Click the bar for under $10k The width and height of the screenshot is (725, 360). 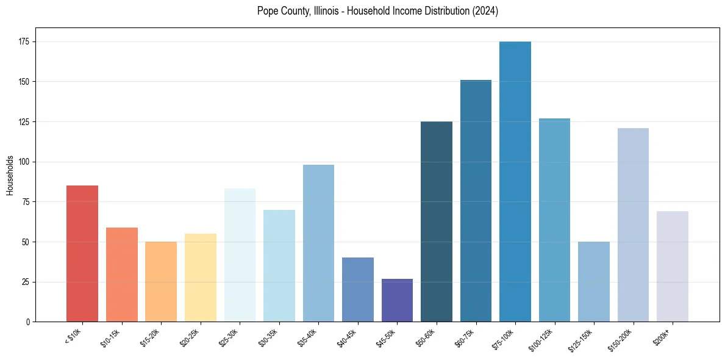coord(82,253)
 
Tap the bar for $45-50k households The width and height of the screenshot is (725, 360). coord(397,300)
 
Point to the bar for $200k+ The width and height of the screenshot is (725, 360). coord(673,266)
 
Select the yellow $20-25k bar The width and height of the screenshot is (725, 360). coord(201,278)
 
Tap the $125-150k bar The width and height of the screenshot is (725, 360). coord(594,281)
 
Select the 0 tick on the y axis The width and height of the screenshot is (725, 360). coord(28,322)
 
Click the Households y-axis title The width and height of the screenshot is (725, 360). coord(10,175)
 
